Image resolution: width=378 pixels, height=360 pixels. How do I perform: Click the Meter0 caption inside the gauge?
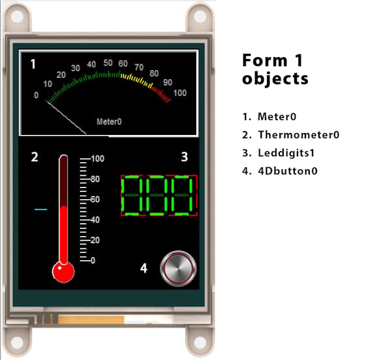pyautogui.click(x=109, y=121)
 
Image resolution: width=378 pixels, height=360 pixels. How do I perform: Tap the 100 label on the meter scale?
pyautogui.click(x=180, y=93)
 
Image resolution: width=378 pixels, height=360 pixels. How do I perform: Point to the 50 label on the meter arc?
pyautogui.click(x=108, y=63)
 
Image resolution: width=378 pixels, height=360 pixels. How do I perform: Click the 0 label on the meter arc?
pyautogui.click(x=36, y=95)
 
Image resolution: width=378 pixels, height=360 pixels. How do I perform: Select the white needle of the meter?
pyautogui.click(x=66, y=117)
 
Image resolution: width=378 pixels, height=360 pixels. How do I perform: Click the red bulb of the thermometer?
pyautogui.click(x=64, y=272)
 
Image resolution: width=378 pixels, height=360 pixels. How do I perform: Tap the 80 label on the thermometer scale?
pyautogui.click(x=95, y=179)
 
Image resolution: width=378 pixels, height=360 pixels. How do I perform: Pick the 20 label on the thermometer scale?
pyautogui.click(x=95, y=240)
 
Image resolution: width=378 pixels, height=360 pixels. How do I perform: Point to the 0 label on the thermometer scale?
pyautogui.click(x=93, y=260)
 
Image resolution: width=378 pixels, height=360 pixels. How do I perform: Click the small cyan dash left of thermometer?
pyautogui.click(x=41, y=210)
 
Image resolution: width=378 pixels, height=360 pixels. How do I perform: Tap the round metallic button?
pyautogui.click(x=178, y=269)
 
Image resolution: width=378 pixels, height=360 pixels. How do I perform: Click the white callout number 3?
pyautogui.click(x=184, y=157)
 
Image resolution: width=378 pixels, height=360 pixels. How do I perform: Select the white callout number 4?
pyautogui.click(x=144, y=269)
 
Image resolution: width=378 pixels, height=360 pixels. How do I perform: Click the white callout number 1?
pyautogui.click(x=33, y=64)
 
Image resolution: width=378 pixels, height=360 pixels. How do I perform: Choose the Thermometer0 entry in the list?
pyautogui.click(x=299, y=135)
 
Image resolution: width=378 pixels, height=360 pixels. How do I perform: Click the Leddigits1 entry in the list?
pyautogui.click(x=286, y=153)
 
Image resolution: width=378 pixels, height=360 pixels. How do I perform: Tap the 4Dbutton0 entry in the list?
pyautogui.click(x=288, y=171)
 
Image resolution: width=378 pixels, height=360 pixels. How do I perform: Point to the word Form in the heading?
pyautogui.click(x=265, y=60)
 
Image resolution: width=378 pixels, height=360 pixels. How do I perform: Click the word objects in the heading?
pyautogui.click(x=275, y=78)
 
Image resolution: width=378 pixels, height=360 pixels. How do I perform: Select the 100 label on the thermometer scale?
pyautogui.click(x=97, y=158)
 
